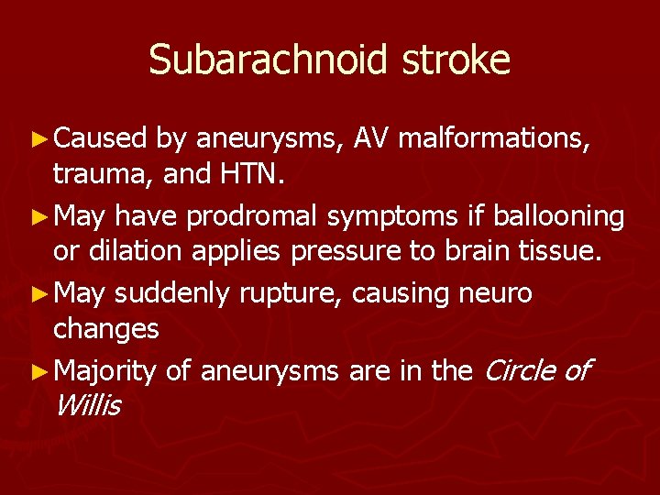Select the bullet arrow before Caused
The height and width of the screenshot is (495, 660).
click(x=43, y=139)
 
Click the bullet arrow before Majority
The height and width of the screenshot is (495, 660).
click(x=43, y=371)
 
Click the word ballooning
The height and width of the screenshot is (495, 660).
click(x=559, y=216)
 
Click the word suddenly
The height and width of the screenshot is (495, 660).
click(x=173, y=293)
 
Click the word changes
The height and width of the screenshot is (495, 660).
click(x=106, y=329)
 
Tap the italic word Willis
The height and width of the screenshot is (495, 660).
click(x=87, y=404)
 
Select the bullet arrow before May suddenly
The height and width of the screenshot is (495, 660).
click(x=43, y=294)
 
